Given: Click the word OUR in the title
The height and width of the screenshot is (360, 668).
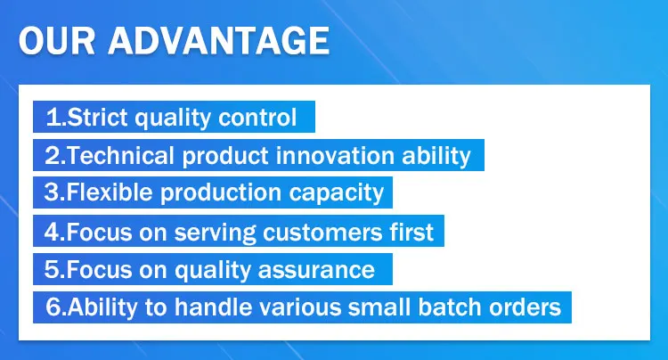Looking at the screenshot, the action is click(57, 40).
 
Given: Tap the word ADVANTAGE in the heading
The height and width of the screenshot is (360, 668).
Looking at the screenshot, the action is click(219, 40).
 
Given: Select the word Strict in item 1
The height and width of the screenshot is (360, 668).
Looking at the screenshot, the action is click(97, 117).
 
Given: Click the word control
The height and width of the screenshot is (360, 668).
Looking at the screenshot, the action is click(257, 117).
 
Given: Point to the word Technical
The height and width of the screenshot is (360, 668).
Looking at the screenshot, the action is click(120, 155).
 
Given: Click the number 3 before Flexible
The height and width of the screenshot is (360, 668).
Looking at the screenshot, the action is click(51, 192).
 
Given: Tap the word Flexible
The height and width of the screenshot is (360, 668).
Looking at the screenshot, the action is click(110, 192).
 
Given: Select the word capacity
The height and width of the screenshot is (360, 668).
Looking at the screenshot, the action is click(337, 193).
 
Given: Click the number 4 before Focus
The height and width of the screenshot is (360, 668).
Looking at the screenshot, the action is click(51, 232).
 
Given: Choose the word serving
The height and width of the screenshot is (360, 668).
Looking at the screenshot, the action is click(216, 233).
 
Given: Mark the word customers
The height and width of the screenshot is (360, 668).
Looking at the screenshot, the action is click(322, 233).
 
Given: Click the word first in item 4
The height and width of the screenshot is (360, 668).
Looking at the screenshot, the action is click(411, 232).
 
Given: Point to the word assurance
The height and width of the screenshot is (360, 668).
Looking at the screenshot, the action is click(316, 271).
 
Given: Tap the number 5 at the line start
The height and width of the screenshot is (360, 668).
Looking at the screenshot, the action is click(51, 270).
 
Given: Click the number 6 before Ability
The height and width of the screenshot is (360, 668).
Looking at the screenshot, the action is click(52, 307).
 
